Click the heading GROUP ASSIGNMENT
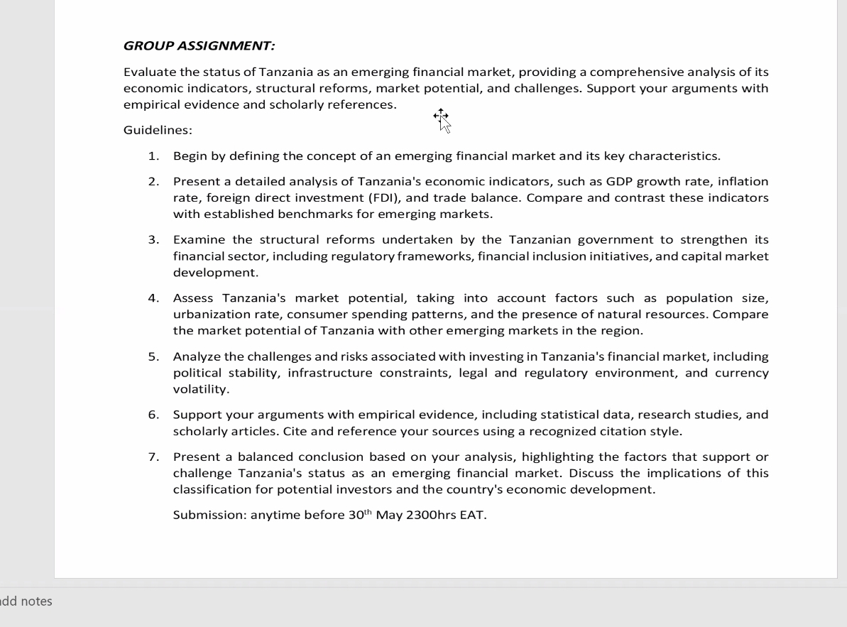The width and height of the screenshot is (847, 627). tap(199, 46)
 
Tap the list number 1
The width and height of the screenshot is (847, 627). tap(153, 156)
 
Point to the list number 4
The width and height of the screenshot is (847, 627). tap(153, 298)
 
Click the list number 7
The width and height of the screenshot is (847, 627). tap(153, 457)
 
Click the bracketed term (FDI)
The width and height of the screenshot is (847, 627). tap(385, 198)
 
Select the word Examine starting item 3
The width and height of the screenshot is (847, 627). tap(200, 240)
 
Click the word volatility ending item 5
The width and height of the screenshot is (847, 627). tap(201, 389)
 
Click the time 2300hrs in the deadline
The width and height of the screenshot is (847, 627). tap(431, 516)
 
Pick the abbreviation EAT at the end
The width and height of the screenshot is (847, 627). tap(473, 516)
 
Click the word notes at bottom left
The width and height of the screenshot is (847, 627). tap(36, 601)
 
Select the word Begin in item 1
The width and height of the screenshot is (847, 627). tap(188, 156)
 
